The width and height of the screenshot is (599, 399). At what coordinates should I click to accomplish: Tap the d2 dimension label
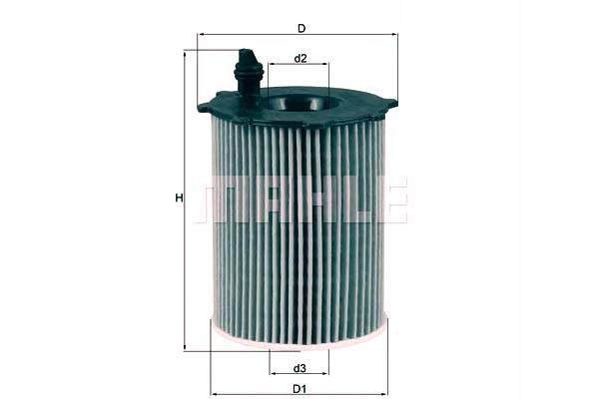tap(299, 59)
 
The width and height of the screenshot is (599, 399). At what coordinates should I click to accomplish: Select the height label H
tap(179, 198)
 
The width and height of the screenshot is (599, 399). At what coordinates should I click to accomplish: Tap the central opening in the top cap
tap(299, 101)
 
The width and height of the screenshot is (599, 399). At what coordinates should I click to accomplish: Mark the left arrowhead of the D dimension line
tap(200, 34)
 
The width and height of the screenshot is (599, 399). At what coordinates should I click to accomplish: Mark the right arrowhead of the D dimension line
tap(395, 34)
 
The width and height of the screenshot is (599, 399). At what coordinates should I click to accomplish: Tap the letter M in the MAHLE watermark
tap(225, 199)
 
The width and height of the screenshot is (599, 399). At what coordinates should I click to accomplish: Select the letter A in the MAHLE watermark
tap(268, 199)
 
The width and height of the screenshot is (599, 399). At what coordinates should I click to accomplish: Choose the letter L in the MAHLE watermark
tap(351, 199)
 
